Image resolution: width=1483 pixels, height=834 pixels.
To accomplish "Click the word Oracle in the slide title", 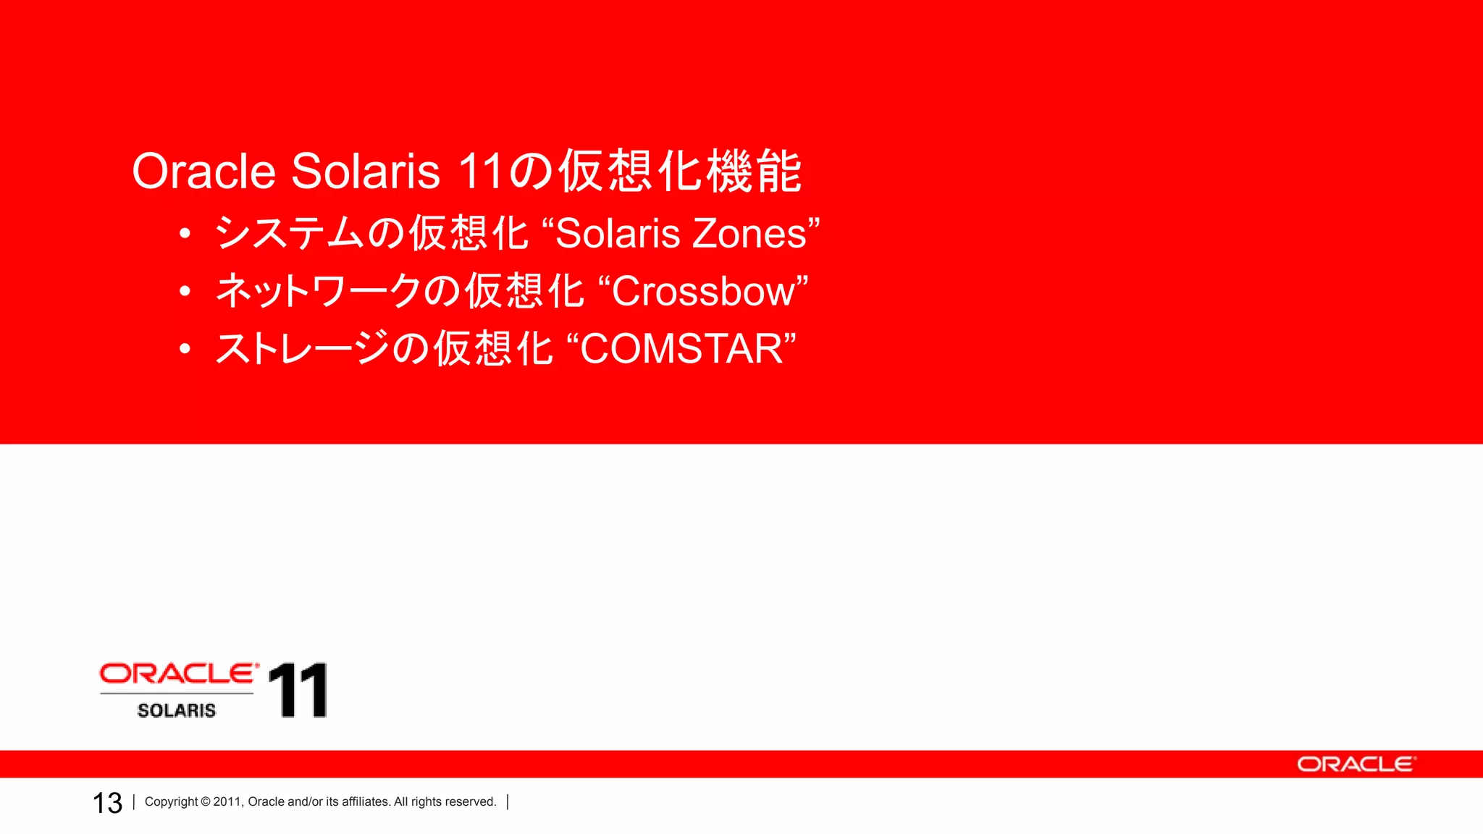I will click(203, 172).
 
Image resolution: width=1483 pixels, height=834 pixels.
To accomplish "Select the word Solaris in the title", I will click(366, 172).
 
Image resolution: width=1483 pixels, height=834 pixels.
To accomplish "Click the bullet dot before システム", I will click(185, 234).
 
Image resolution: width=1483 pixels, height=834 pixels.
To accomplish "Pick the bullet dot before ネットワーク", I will click(185, 291).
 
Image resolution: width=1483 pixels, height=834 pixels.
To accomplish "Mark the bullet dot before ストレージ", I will click(185, 349).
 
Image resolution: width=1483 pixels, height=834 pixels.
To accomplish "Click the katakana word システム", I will click(290, 234).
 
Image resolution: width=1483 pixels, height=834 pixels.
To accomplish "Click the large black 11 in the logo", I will click(298, 690).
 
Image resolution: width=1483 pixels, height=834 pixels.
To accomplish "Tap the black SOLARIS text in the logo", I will click(177, 710).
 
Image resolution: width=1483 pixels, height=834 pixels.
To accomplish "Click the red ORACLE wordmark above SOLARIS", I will click(179, 674).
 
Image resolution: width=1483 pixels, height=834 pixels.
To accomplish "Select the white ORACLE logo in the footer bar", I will click(1356, 764).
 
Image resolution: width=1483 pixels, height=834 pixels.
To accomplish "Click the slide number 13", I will click(107, 803).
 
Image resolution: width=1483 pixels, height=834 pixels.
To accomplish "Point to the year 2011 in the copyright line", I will click(227, 801).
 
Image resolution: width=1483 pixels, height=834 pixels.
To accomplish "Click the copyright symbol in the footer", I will click(206, 801).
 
